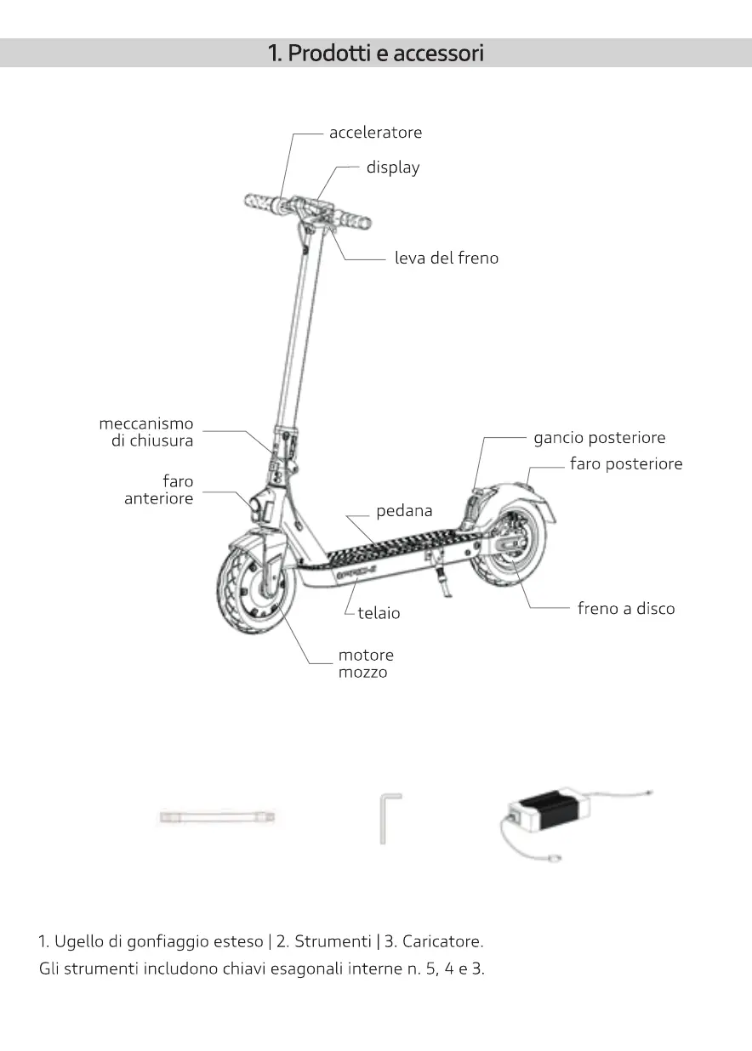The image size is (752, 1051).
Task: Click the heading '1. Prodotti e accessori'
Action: tap(375, 53)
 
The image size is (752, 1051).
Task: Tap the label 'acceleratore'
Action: tap(375, 133)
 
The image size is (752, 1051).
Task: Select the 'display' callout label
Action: tap(393, 168)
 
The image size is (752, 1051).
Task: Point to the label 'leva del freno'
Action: tap(447, 258)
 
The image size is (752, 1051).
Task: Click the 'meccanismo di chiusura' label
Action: tap(146, 432)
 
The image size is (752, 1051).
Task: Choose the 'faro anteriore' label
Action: tap(159, 490)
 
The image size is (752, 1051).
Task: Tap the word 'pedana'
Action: tap(404, 511)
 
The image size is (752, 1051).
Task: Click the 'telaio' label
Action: tap(379, 613)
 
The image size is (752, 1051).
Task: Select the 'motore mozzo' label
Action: tap(366, 663)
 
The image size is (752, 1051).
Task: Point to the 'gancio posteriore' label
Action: tap(599, 438)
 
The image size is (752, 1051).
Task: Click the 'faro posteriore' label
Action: tap(625, 463)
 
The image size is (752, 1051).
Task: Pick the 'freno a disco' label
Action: tap(625, 609)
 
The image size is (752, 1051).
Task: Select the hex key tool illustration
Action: tap(387, 817)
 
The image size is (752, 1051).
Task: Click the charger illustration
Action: tap(550, 812)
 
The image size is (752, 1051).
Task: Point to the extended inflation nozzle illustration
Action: tap(217, 817)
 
